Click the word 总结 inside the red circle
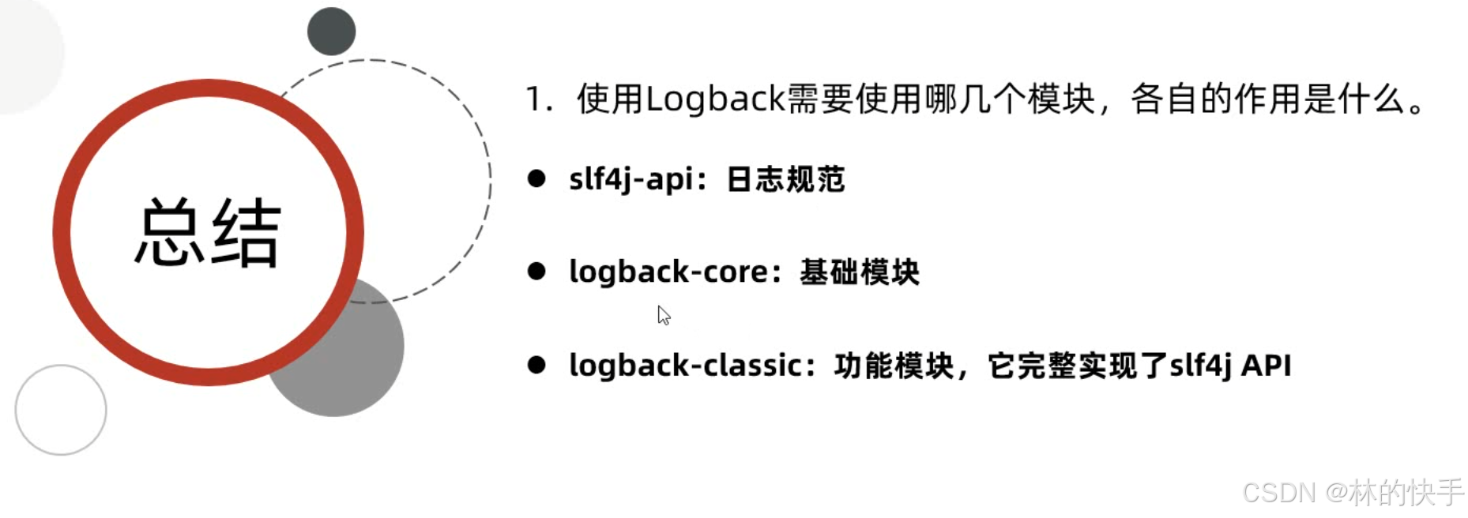point(208,233)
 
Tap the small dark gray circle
point(331,32)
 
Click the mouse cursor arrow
point(663,315)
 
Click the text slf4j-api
point(630,179)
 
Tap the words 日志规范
point(785,179)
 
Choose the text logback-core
point(668,272)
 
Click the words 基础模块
point(860,272)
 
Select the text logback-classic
point(685,366)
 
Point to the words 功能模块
point(894,366)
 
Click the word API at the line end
point(1266,366)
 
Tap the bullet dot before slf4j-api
point(536,178)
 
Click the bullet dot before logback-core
point(536,272)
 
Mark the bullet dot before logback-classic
point(536,365)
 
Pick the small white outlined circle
point(61,410)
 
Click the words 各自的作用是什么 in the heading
point(1268,99)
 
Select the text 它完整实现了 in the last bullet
point(1077,366)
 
